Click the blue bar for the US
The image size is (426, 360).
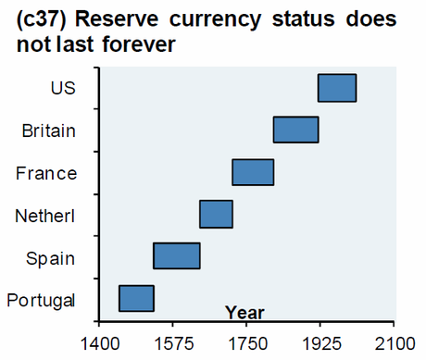337,88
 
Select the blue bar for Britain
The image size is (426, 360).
295,130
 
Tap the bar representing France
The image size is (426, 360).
253,172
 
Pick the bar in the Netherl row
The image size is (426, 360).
216,214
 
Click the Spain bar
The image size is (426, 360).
177,255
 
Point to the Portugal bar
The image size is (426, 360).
136,299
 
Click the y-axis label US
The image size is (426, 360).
63,88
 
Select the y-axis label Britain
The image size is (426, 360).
48,130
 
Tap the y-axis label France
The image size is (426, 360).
47,173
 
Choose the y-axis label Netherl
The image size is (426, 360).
45,216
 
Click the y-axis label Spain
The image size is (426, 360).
51,258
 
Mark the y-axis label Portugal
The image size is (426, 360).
42,301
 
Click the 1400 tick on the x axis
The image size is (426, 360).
97,345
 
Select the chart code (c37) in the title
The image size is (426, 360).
44,19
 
